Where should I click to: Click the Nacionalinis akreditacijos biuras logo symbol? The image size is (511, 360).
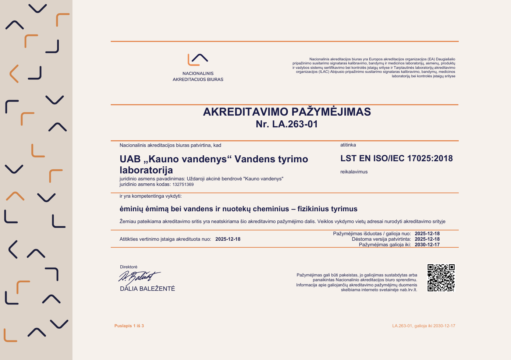(198, 59)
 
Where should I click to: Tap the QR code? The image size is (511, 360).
(441, 278)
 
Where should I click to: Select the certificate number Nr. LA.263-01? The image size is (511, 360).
(287, 124)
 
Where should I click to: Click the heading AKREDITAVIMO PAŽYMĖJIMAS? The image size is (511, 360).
(287, 112)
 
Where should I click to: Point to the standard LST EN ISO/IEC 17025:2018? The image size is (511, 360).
(396, 159)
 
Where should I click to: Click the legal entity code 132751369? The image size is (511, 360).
(183, 184)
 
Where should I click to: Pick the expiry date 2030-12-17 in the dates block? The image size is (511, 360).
(427, 244)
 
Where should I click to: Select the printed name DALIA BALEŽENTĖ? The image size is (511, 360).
(147, 289)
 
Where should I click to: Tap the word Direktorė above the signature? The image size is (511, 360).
(128, 267)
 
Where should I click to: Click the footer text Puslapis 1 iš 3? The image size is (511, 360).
(129, 326)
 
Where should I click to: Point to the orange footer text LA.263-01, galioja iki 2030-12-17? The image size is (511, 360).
(423, 326)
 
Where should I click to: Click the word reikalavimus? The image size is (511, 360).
(354, 172)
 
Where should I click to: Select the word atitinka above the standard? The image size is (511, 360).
(348, 145)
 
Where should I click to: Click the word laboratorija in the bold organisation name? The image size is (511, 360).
(146, 170)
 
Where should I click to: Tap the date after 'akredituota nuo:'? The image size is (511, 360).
(228, 239)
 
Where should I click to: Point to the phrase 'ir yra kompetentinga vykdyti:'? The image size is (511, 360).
(150, 196)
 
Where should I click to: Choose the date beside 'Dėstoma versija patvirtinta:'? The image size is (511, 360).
(427, 239)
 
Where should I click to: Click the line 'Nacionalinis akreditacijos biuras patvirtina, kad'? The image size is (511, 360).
(170, 145)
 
